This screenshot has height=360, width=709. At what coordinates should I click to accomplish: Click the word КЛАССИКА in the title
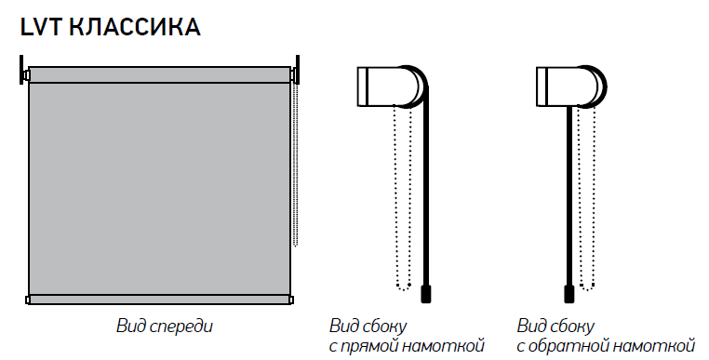(135, 27)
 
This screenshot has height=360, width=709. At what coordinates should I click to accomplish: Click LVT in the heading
(41, 27)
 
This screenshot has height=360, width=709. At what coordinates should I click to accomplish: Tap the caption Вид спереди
(164, 327)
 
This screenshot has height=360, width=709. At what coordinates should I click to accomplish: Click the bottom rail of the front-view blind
(159, 300)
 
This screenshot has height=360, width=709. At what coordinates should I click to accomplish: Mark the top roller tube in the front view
(159, 74)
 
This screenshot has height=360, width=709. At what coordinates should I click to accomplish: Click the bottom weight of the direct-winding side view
(426, 294)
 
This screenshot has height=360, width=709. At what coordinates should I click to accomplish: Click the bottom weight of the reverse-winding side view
(569, 294)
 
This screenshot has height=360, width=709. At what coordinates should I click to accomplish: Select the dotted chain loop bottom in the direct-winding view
(403, 287)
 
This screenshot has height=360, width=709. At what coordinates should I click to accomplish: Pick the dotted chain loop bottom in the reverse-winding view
(586, 287)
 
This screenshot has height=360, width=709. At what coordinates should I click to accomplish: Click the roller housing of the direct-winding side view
(391, 87)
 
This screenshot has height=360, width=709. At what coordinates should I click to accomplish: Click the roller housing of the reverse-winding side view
(570, 87)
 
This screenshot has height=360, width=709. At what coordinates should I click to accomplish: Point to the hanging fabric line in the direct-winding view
(426, 194)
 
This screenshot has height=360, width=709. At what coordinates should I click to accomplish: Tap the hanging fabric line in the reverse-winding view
(569, 196)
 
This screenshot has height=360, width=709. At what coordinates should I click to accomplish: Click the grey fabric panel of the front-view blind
(159, 189)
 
